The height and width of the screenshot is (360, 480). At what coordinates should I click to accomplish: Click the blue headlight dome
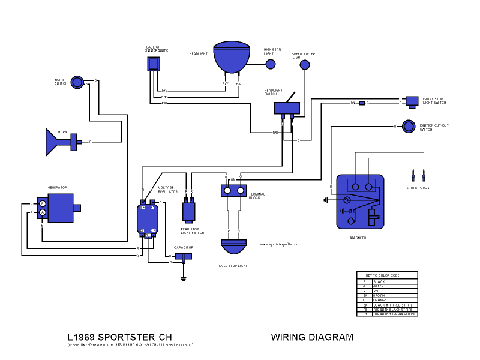click(232, 58)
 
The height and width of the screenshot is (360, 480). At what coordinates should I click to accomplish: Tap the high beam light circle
click(271, 64)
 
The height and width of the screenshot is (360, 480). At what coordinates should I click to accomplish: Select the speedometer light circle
click(306, 64)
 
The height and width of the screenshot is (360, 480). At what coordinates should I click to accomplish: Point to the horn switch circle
click(77, 82)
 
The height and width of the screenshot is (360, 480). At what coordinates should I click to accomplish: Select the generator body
click(60, 208)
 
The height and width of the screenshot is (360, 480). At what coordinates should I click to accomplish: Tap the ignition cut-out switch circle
click(409, 127)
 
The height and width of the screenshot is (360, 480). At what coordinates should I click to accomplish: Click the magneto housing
click(360, 201)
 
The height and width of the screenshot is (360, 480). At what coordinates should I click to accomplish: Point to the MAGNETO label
click(358, 238)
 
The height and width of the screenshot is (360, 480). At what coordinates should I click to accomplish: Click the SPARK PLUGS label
click(418, 188)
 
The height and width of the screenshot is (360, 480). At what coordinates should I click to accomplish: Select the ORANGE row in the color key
click(387, 300)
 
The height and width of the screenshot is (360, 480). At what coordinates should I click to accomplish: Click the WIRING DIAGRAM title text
click(312, 337)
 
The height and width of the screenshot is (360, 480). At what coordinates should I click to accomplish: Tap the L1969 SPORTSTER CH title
click(123, 337)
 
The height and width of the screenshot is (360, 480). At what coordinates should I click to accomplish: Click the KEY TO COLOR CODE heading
click(387, 275)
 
